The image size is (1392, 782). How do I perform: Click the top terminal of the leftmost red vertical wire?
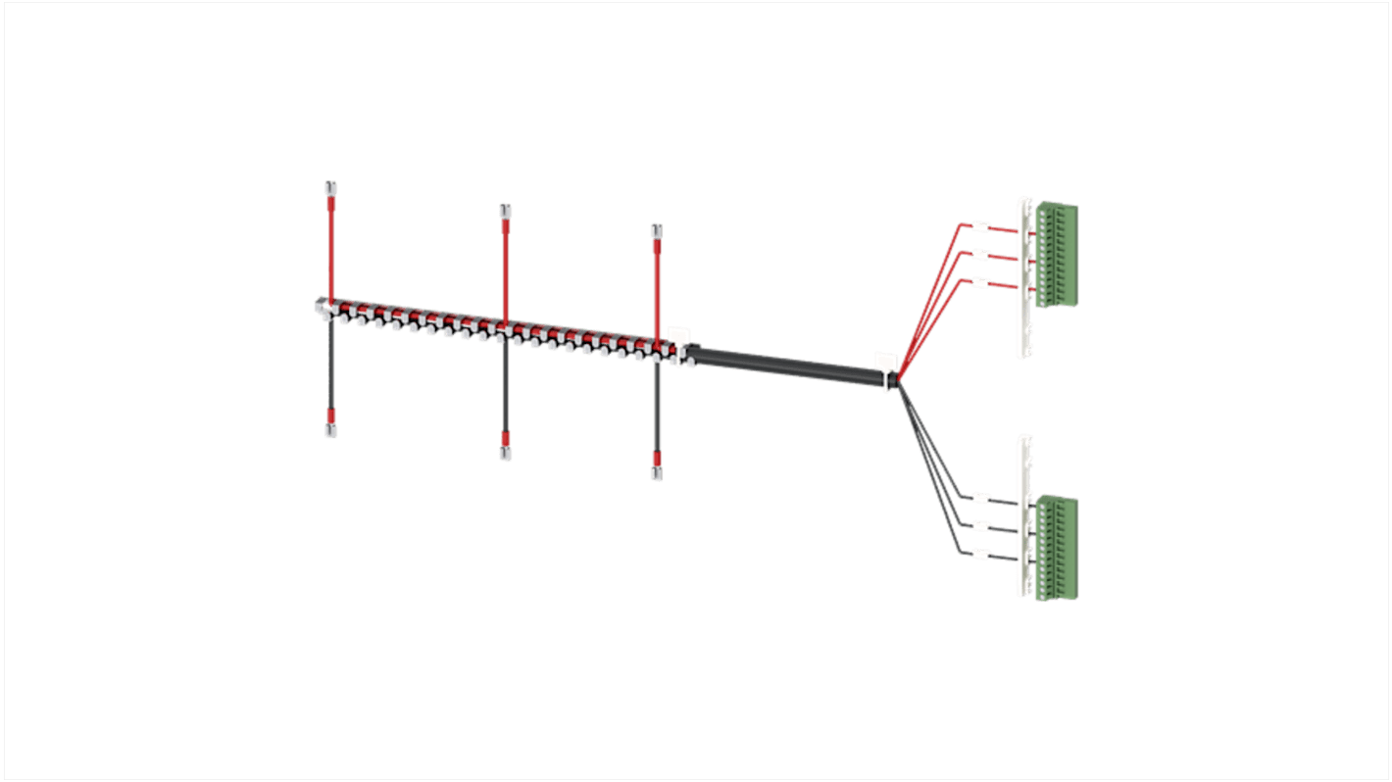click(x=331, y=187)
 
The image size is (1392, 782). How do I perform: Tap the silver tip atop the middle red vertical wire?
click(x=505, y=211)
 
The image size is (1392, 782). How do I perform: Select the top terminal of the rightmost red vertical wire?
click(x=657, y=230)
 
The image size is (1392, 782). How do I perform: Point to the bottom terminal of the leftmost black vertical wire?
click(x=331, y=430)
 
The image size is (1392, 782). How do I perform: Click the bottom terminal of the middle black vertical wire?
click(x=505, y=453)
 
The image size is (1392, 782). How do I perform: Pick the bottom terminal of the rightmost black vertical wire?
click(x=657, y=473)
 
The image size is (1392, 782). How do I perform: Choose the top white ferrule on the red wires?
click(x=978, y=228)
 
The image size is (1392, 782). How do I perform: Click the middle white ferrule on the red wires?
click(x=978, y=256)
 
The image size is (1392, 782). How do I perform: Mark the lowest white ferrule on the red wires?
click(x=978, y=284)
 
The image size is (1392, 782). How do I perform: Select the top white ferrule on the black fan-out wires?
click(x=977, y=499)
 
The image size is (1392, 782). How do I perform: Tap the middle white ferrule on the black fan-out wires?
click(x=977, y=526)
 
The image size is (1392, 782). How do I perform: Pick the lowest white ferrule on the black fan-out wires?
click(x=977, y=555)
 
